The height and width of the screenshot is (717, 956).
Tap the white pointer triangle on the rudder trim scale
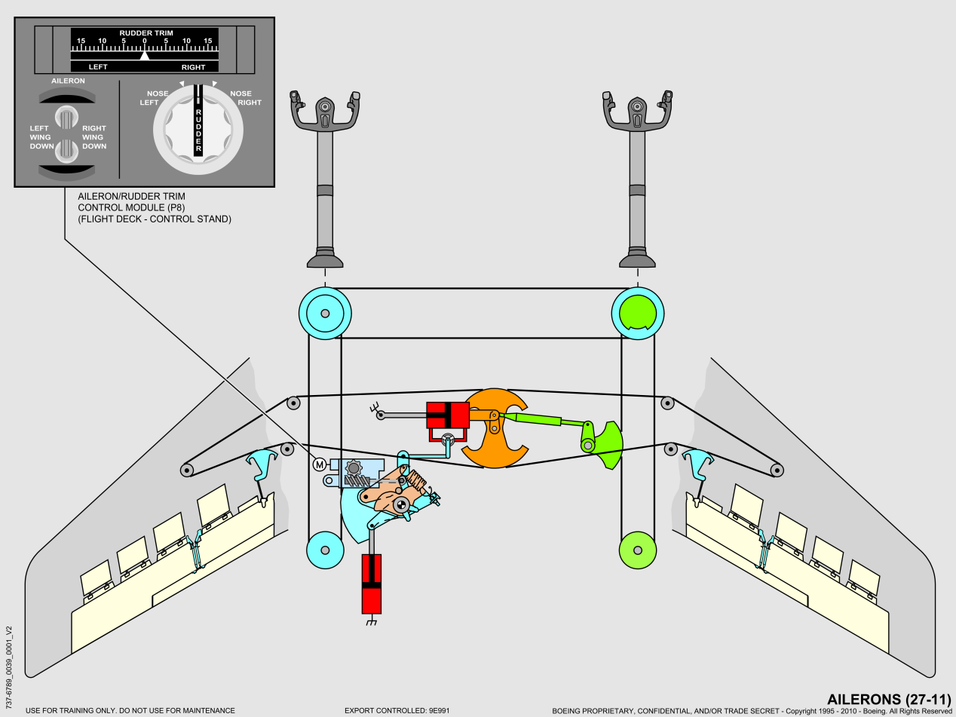click(146, 55)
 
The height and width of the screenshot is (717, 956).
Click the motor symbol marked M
click(319, 464)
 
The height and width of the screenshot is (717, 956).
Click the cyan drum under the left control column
click(325, 313)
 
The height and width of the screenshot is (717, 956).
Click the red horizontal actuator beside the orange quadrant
click(448, 415)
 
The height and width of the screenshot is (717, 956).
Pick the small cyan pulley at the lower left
click(325, 550)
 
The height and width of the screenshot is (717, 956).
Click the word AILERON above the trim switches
click(67, 80)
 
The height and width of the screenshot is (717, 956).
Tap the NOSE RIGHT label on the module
click(241, 98)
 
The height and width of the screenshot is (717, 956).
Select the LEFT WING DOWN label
click(40, 137)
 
